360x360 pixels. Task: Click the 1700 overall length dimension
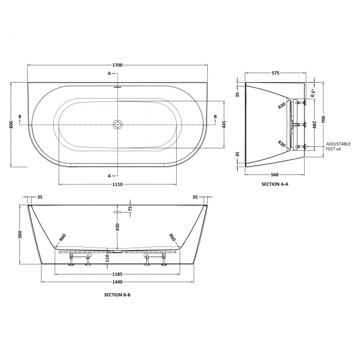point(117,65)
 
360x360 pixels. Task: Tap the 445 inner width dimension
point(224,125)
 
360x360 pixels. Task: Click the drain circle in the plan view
point(117,125)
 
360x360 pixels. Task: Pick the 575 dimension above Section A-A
point(275,73)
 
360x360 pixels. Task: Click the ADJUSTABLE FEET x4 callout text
point(338,146)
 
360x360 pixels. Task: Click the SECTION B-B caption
point(117,295)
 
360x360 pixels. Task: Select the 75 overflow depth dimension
point(130,209)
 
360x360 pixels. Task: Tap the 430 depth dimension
point(117,228)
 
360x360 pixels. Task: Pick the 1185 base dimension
point(117,274)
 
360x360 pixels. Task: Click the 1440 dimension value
point(117,282)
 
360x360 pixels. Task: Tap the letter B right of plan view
point(215,116)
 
